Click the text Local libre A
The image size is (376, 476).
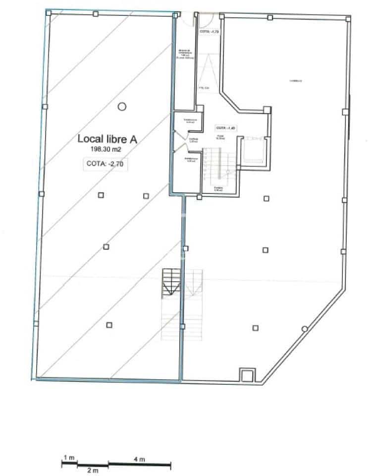click(107, 139)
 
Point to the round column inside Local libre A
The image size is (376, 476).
click(122, 106)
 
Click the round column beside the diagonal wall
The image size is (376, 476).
click(304, 329)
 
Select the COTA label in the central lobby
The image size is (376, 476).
click(224, 127)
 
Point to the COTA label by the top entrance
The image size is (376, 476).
click(209, 31)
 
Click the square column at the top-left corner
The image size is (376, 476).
click(48, 13)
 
